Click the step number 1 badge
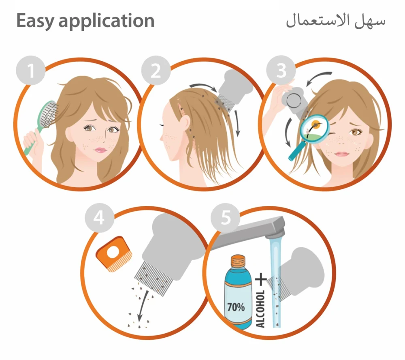[31, 71]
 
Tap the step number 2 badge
[156, 71]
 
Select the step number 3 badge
[281, 71]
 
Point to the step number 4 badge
[99, 218]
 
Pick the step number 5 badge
[225, 218]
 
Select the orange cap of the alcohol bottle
[238, 261]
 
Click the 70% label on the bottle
[236, 307]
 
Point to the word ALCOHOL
[260, 309]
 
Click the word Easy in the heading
[35, 21]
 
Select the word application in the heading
[107, 21]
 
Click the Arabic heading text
[335, 21]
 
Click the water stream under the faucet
[275, 282]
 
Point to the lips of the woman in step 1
[100, 150]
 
